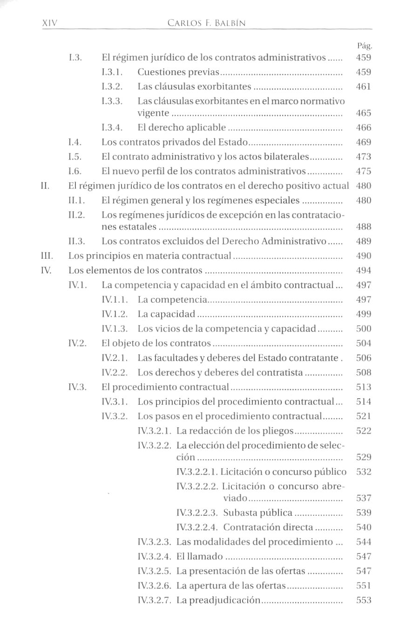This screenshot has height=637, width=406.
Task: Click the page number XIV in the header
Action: [x=49, y=22]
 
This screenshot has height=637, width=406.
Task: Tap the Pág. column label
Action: [x=365, y=46]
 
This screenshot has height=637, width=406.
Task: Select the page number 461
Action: [x=363, y=87]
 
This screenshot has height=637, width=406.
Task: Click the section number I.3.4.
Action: [x=112, y=127]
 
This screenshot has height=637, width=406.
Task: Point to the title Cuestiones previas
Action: [x=178, y=72]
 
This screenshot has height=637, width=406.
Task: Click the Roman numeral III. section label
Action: [x=47, y=256]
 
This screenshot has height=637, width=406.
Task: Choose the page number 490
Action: [x=363, y=256]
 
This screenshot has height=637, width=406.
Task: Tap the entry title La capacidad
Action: [x=166, y=314]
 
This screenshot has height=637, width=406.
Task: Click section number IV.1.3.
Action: [x=115, y=329]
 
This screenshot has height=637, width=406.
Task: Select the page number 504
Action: [x=363, y=344]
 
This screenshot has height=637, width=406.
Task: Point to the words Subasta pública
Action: [x=258, y=513]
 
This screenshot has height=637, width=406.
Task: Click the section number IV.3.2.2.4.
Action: [x=197, y=527]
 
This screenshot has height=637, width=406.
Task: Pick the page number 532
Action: [x=363, y=472]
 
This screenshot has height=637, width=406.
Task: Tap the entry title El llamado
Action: [x=200, y=556]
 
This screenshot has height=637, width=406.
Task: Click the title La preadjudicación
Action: [x=218, y=600]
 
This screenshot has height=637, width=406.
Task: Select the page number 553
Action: [x=363, y=600]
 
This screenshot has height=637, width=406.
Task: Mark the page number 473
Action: [x=363, y=157]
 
